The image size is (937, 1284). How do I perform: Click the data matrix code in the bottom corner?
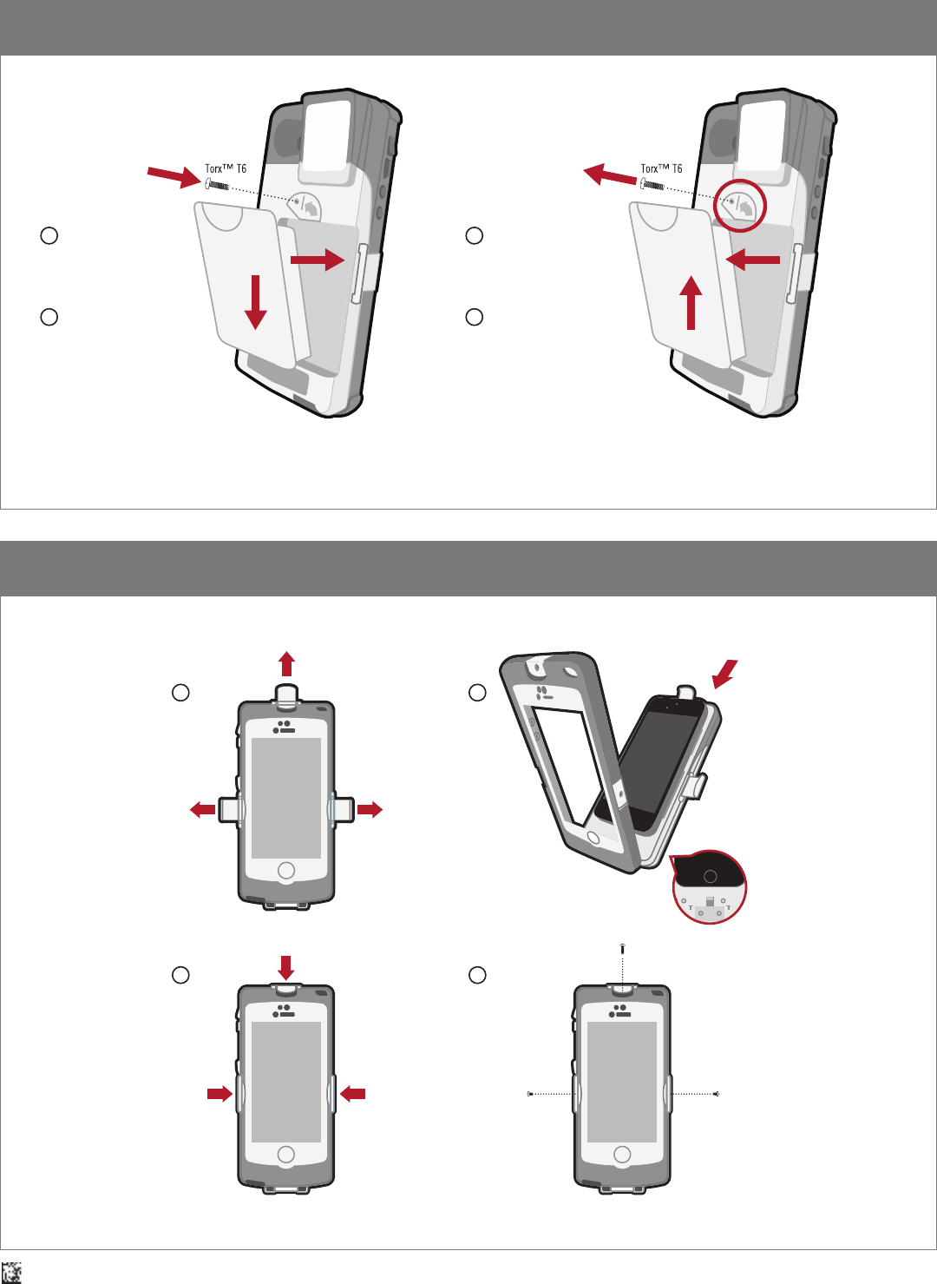(11, 1272)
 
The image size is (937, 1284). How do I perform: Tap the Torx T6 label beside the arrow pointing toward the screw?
(226, 168)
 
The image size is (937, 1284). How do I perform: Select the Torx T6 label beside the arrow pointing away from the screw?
(661, 168)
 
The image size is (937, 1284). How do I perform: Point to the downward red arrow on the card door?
(255, 302)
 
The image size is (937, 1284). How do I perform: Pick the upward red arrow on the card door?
(691, 303)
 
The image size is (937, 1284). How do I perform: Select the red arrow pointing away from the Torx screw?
(610, 174)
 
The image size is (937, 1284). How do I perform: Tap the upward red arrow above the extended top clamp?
(287, 664)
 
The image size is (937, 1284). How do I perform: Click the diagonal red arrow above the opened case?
(725, 674)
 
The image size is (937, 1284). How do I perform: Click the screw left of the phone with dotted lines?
(530, 1094)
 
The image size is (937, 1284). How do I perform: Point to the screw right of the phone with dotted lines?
(717, 1094)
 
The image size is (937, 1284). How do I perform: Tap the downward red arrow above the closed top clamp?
(285, 968)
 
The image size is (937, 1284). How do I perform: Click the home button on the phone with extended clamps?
(285, 870)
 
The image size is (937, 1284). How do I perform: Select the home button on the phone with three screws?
(622, 1154)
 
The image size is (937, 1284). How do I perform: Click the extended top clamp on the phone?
(286, 694)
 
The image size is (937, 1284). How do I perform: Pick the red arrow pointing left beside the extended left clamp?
(203, 809)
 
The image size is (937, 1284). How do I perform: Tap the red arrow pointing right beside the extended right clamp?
(370, 809)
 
